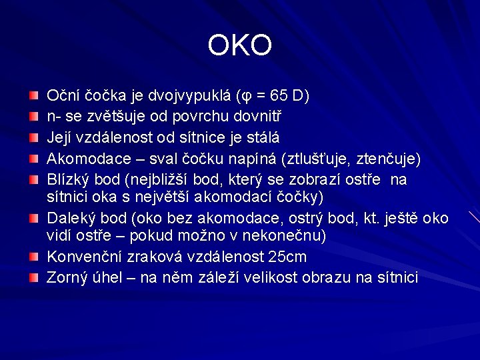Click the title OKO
(x=239, y=46)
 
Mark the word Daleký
(x=71, y=219)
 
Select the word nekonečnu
(x=289, y=236)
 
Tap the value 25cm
(x=287, y=257)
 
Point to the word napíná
(x=257, y=159)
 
